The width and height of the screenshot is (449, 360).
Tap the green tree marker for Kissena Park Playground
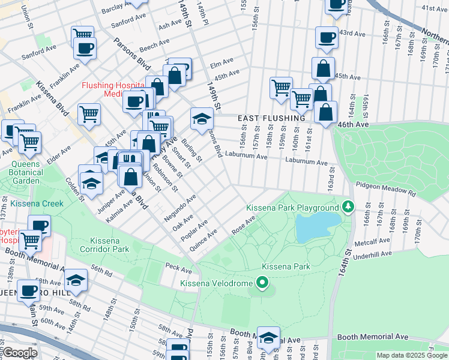pos(348,208)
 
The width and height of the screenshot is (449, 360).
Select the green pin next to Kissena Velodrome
pos(261,282)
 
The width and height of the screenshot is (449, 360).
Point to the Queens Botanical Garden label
pos(25,172)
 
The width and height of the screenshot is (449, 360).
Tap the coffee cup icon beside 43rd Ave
pos(327,38)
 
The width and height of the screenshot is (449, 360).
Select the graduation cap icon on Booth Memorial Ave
pos(268,338)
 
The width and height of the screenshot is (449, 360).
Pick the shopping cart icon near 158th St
pos(280,88)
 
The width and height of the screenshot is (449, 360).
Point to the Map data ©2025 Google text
pos(412,355)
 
